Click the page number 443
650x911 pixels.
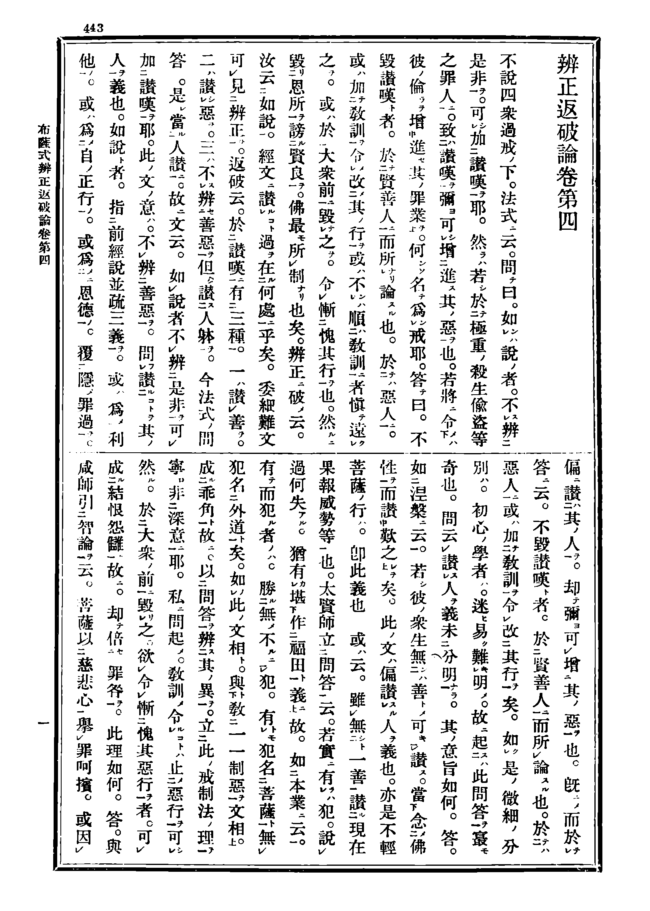[x=94, y=28]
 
